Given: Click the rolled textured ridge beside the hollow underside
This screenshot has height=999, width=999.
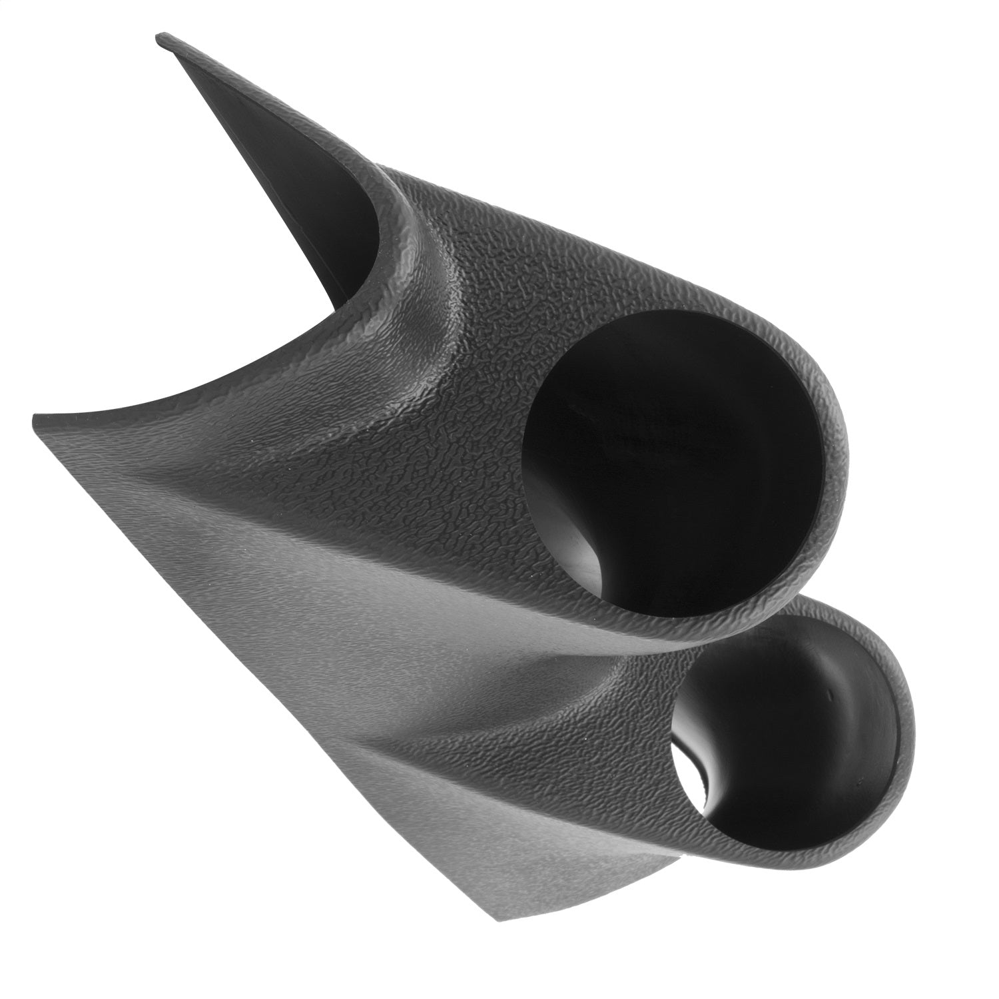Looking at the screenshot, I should pyautogui.click(x=406, y=266).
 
